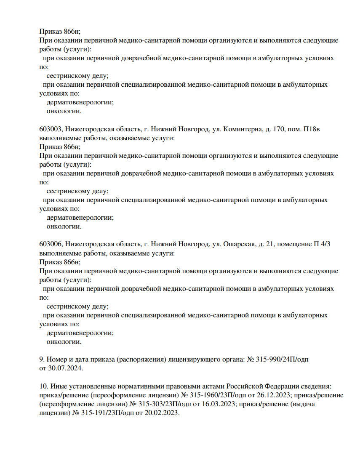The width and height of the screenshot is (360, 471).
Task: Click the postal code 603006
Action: (50, 244)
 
